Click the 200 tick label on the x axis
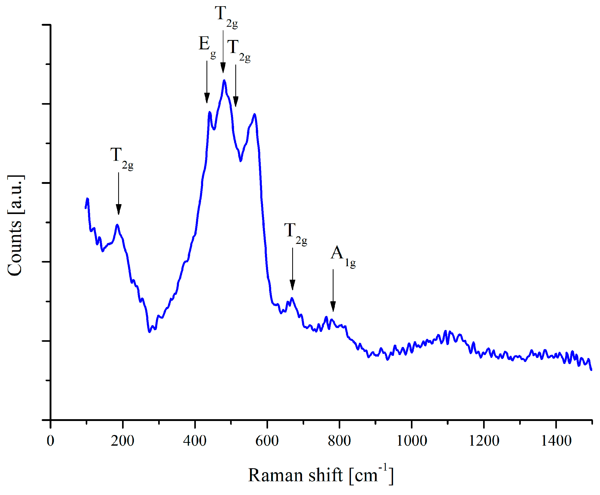[122, 441]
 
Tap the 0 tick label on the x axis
[50, 441]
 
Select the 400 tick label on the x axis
[195, 441]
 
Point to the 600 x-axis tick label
[267, 441]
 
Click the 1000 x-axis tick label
[411, 441]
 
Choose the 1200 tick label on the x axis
[484, 441]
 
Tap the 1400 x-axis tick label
[556, 441]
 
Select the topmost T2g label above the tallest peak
[226, 17]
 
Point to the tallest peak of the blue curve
[224, 81]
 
